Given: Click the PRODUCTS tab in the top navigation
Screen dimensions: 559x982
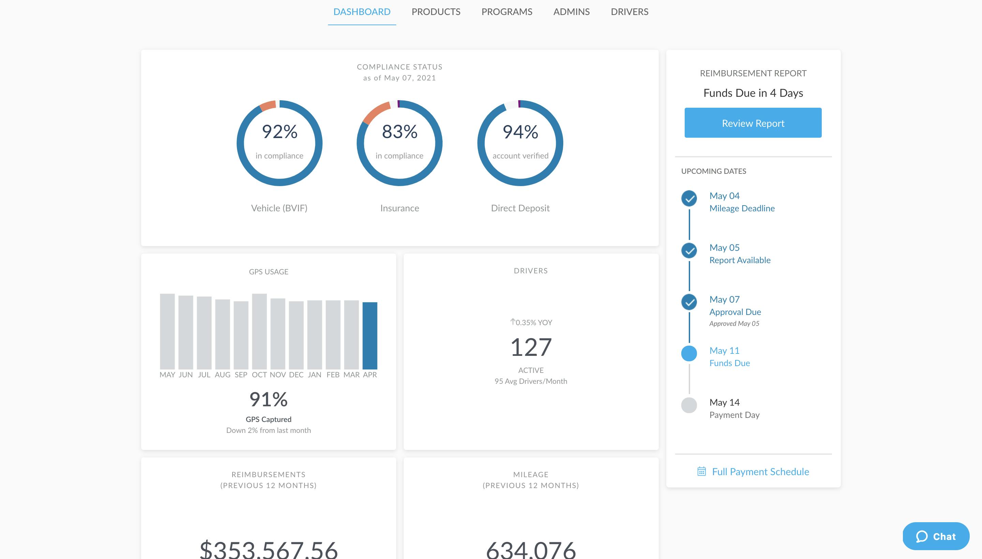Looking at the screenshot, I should pos(435,12).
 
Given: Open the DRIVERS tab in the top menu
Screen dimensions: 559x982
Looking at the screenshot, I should pos(629,12).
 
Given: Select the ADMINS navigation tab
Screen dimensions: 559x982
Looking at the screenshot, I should pos(571,12).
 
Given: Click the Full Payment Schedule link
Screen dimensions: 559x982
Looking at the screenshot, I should pos(760,471).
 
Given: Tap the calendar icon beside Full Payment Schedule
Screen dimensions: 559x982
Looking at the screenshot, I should pos(701,471).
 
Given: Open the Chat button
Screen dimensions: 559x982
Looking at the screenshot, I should pos(936,537).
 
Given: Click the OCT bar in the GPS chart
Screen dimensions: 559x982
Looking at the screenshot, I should pos(259,331).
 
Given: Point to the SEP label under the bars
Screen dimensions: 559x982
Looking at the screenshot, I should pos(241,375).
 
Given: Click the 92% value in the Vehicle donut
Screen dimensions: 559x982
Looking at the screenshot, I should pos(280,132).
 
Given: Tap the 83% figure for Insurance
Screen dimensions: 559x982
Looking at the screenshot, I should pos(399,132).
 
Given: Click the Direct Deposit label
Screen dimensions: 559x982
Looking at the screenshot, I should pos(520,208).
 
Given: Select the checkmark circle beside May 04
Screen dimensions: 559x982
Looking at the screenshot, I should pos(689,198).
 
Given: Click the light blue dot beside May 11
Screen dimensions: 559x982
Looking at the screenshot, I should pos(689,353).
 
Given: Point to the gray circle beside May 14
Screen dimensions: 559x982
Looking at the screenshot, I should pos(689,405).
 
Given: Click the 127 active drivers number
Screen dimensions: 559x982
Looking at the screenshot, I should pos(531,347).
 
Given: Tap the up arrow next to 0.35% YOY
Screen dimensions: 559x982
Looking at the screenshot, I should pos(512,322).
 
